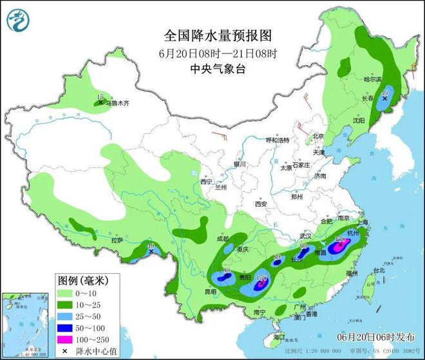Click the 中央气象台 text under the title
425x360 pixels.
pyautogui.click(x=212, y=69)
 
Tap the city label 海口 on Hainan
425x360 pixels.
pyautogui.click(x=278, y=337)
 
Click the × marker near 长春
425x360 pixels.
pyautogui.click(x=384, y=99)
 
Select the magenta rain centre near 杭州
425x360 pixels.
pyautogui.click(x=339, y=245)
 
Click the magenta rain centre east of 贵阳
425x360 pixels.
pyautogui.click(x=261, y=281)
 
